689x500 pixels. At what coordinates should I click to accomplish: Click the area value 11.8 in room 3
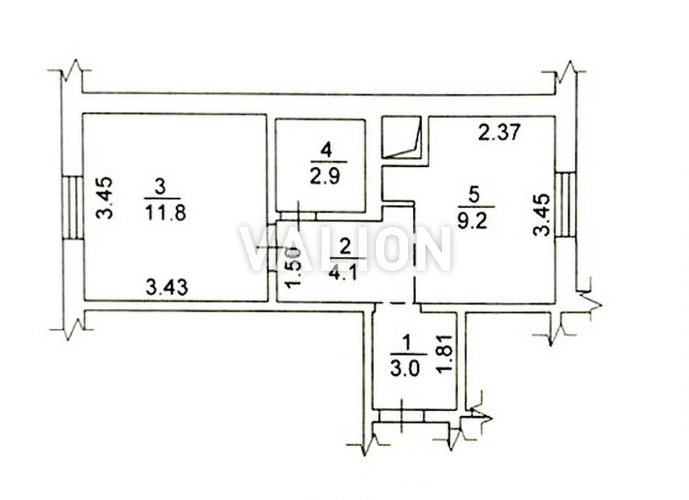click(x=165, y=212)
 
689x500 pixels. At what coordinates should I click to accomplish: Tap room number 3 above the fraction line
click(x=161, y=187)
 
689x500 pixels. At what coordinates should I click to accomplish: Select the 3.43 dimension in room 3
click(x=167, y=287)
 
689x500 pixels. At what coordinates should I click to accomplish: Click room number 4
click(x=325, y=151)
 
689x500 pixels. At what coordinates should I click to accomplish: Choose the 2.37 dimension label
click(x=499, y=132)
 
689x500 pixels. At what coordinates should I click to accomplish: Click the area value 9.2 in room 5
click(x=472, y=221)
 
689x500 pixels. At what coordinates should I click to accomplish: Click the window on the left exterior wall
click(x=72, y=207)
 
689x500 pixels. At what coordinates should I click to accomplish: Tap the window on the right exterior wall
click(x=565, y=205)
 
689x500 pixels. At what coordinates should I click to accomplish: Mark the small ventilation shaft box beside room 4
click(x=402, y=137)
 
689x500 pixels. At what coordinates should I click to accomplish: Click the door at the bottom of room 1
click(x=401, y=416)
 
